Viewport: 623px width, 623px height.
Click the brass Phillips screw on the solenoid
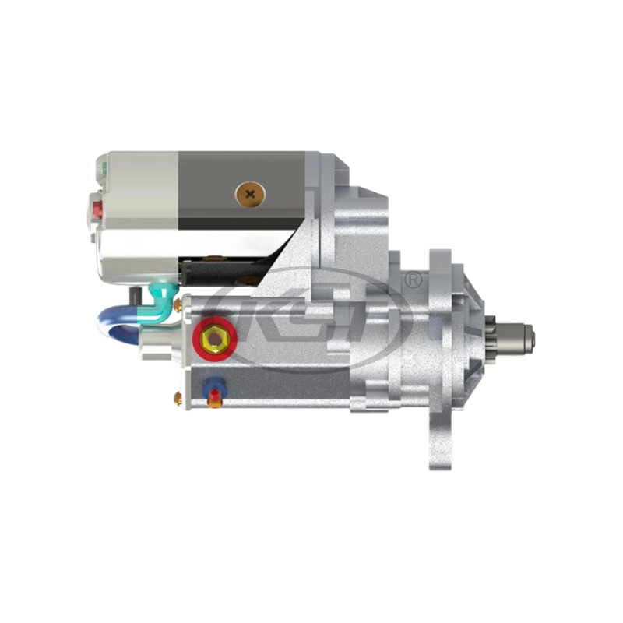coord(250,192)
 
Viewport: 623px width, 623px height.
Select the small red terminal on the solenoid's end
coord(97,209)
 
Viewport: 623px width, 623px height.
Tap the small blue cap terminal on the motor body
coord(213,385)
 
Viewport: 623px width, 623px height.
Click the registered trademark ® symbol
coord(414,278)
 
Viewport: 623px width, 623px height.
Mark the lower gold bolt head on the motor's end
coord(179,399)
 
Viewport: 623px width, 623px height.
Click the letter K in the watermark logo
coord(257,319)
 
